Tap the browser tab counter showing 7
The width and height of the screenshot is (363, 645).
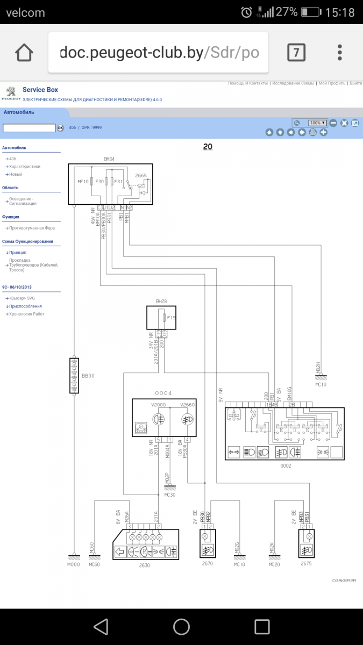click(x=296, y=52)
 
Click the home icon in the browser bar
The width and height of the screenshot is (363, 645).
click(x=24, y=52)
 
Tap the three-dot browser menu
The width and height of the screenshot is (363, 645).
click(x=340, y=52)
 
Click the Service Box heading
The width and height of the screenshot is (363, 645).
click(x=40, y=90)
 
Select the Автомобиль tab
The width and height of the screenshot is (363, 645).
click(x=19, y=112)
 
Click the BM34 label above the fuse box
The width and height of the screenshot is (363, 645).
click(x=109, y=159)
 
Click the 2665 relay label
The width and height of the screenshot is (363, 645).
click(x=141, y=176)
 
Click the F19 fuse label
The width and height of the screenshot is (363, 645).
click(x=172, y=318)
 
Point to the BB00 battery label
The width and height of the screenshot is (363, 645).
click(x=88, y=376)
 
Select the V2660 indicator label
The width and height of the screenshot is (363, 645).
click(x=187, y=405)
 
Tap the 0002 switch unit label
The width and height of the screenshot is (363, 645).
click(x=285, y=465)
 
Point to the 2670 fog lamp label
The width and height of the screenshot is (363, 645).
click(x=208, y=564)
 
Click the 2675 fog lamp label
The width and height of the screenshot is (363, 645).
click(x=306, y=564)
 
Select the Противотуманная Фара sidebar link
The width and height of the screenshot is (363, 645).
click(x=32, y=228)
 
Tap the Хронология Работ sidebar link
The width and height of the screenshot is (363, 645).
click(x=26, y=314)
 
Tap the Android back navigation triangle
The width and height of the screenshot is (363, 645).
click(x=101, y=627)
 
